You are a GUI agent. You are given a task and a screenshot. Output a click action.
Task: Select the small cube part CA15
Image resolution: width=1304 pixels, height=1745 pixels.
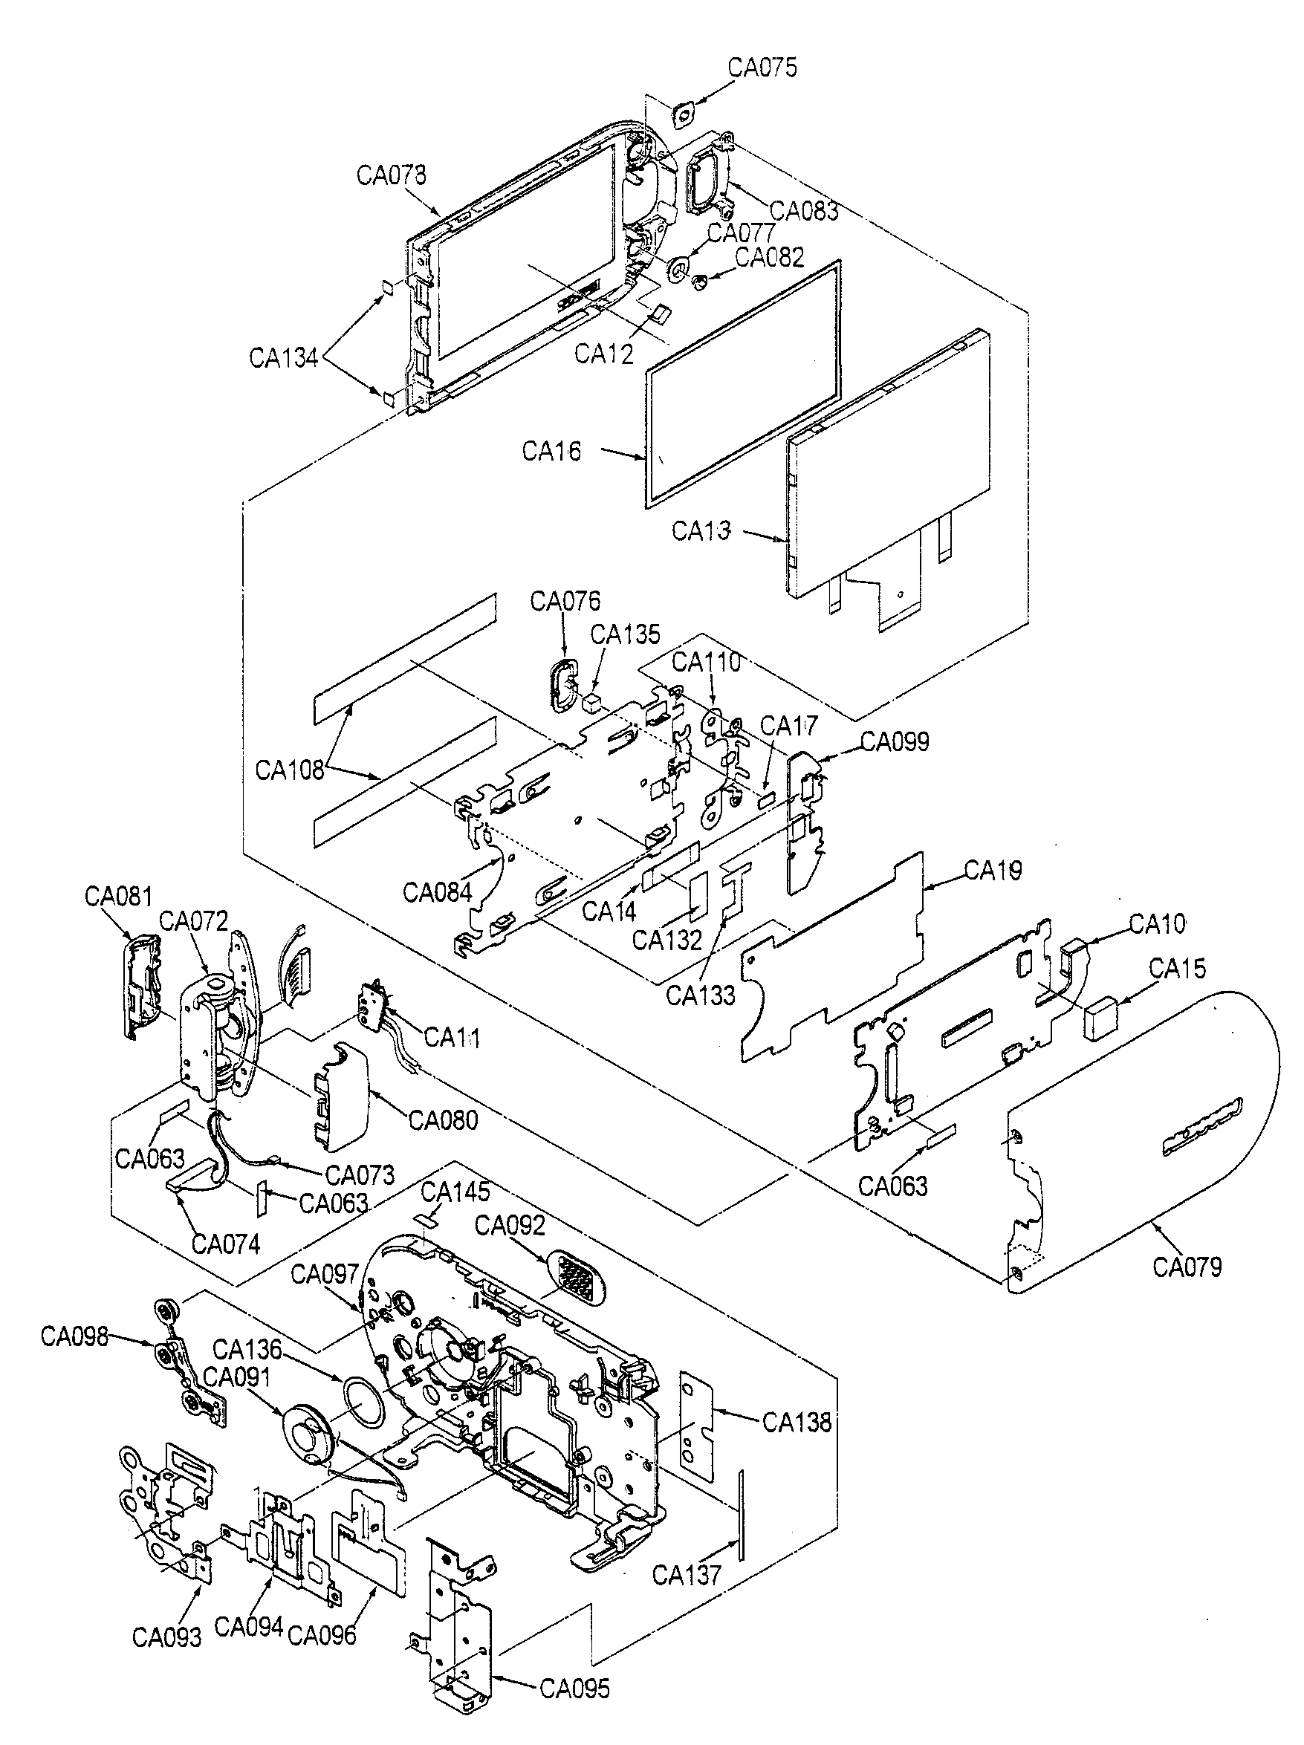1103,1017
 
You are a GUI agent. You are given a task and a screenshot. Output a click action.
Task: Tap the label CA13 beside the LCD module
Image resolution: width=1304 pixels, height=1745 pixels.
701,531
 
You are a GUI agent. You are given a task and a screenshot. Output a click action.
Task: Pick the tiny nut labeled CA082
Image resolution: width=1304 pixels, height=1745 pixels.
698,281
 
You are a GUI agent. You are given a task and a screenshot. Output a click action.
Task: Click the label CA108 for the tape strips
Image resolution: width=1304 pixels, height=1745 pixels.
290,769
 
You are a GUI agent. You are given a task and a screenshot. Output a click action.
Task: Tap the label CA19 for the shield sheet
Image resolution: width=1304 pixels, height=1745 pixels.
993,870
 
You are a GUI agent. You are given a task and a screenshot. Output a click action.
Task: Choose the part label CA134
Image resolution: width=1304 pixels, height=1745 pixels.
283,358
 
